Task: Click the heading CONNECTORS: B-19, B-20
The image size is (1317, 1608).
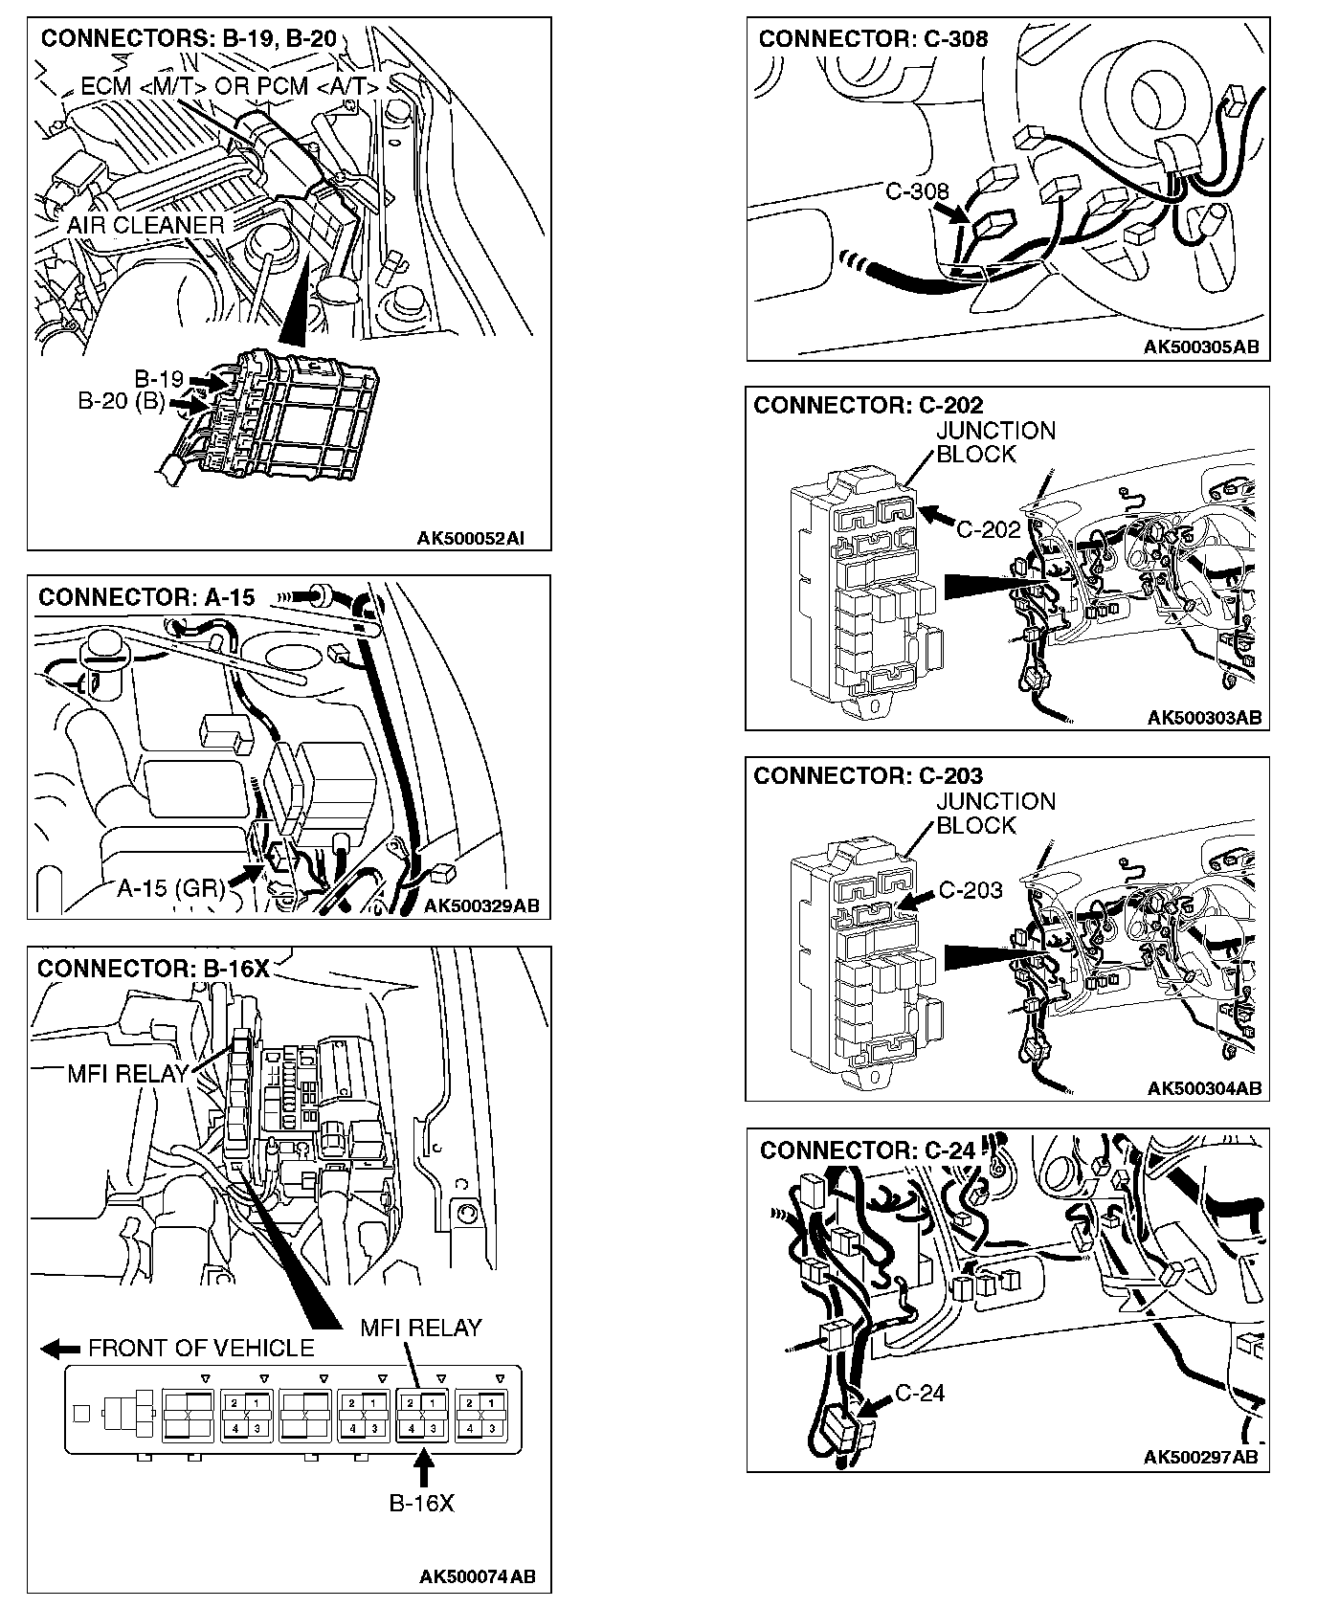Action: pyautogui.click(x=189, y=39)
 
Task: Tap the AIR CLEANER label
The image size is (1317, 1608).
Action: pyautogui.click(x=145, y=225)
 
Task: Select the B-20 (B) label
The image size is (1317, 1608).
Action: pyautogui.click(x=122, y=402)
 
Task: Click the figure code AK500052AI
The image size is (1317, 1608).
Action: pyautogui.click(x=470, y=539)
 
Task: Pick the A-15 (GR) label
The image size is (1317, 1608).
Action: pyautogui.click(x=170, y=888)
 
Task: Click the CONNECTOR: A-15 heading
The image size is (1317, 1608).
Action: pyautogui.click(x=146, y=598)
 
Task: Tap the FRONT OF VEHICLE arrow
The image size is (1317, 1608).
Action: pyautogui.click(x=60, y=1349)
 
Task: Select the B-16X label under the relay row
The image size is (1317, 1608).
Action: pyautogui.click(x=421, y=1503)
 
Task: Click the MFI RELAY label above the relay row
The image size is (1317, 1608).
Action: pyautogui.click(x=420, y=1328)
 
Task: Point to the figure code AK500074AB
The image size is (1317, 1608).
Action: pyautogui.click(x=477, y=1576)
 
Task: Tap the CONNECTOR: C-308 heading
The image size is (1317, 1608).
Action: pyautogui.click(x=873, y=39)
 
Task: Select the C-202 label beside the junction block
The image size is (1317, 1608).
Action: pyautogui.click(x=989, y=529)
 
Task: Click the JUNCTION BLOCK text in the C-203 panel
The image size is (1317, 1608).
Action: pyautogui.click(x=995, y=814)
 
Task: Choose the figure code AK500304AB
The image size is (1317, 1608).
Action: pyautogui.click(x=1203, y=1088)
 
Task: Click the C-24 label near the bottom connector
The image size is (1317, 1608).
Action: pyautogui.click(x=920, y=1393)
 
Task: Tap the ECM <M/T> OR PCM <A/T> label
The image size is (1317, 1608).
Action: pyautogui.click(x=230, y=86)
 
